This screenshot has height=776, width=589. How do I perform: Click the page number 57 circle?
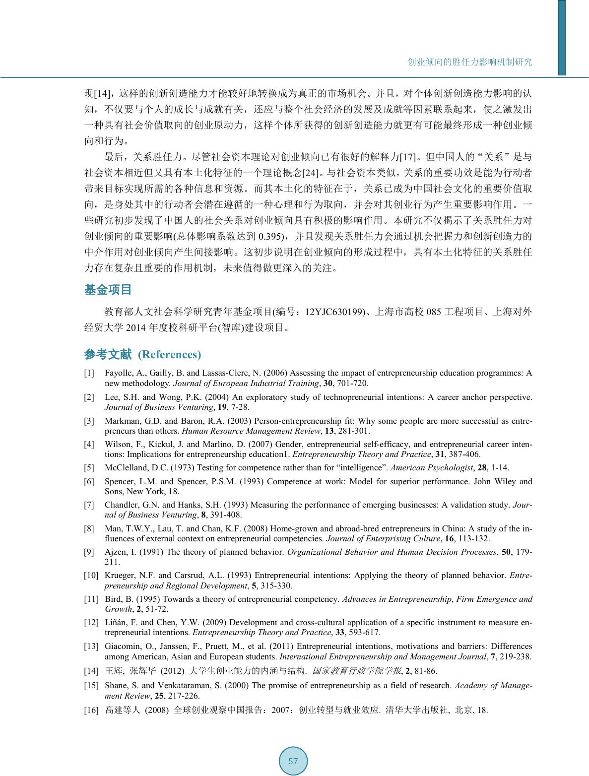pyautogui.click(x=293, y=761)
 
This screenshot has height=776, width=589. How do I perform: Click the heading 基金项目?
pyautogui.click(x=108, y=290)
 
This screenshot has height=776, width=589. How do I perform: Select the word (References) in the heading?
pyautogui.click(x=169, y=354)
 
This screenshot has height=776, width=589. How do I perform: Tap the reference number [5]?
pyautogui.click(x=89, y=467)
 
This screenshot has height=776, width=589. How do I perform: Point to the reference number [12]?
pyautogui.click(x=91, y=622)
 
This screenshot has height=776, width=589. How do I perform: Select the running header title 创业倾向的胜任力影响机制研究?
pyautogui.click(x=469, y=62)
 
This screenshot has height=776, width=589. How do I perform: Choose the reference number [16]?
pyautogui.click(x=91, y=710)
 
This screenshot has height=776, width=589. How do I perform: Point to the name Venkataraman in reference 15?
pyautogui.click(x=186, y=685)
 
